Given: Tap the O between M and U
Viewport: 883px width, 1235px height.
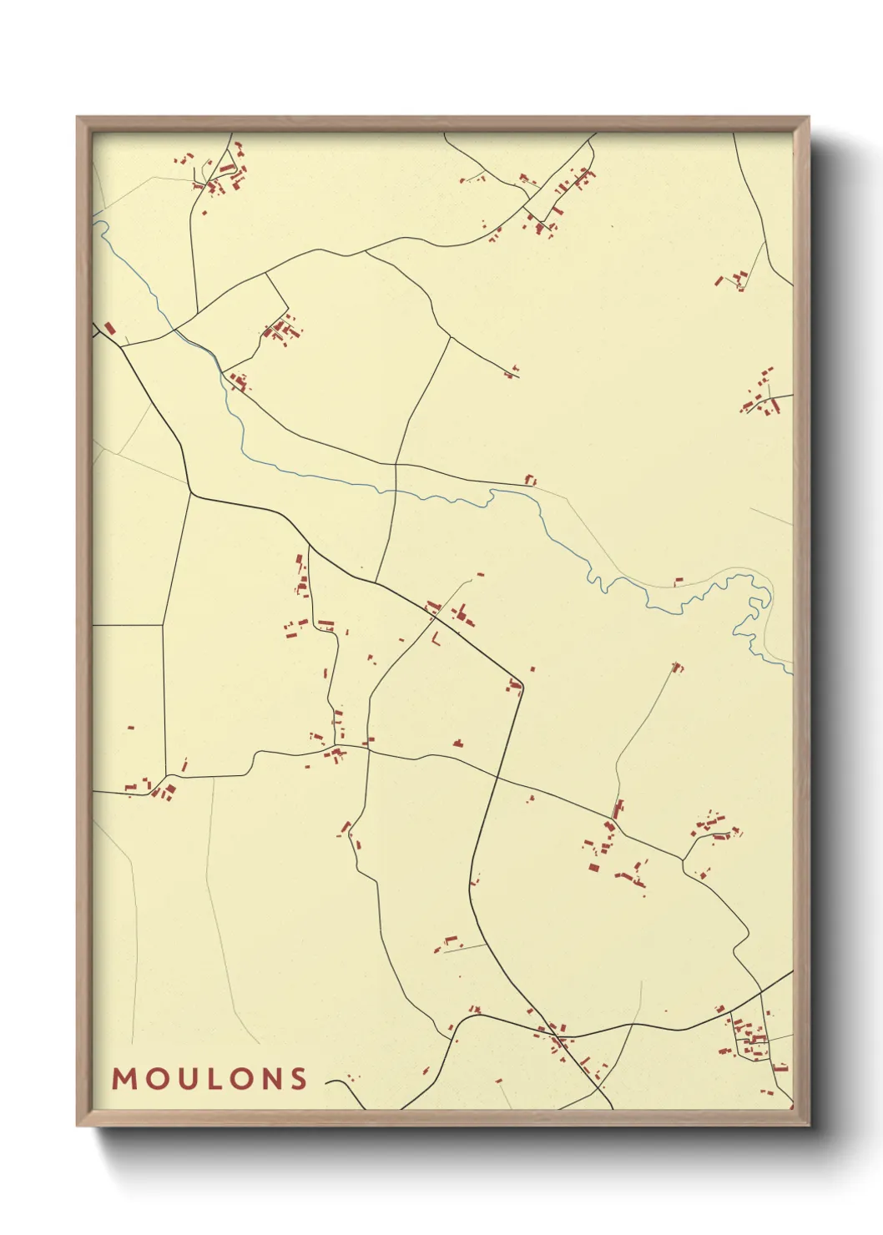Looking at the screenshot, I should click(x=154, y=1079).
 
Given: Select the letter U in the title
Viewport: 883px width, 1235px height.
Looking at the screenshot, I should click(x=183, y=1079).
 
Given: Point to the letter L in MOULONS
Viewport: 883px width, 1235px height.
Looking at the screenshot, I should click(x=209, y=1079).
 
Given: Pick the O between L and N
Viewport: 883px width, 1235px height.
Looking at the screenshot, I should click(x=237, y=1079).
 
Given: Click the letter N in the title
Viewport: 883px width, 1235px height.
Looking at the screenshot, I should click(x=268, y=1079).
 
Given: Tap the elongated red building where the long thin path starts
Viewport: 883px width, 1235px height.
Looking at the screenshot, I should click(x=618, y=809).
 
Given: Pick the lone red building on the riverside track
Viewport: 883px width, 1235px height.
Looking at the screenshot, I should click(x=679, y=581).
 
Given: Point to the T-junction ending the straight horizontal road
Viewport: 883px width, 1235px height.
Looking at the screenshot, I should click(x=163, y=624).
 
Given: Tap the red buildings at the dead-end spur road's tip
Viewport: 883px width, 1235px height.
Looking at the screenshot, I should click(x=511, y=372).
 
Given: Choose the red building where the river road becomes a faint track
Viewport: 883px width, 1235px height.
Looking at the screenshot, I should click(x=529, y=480).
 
